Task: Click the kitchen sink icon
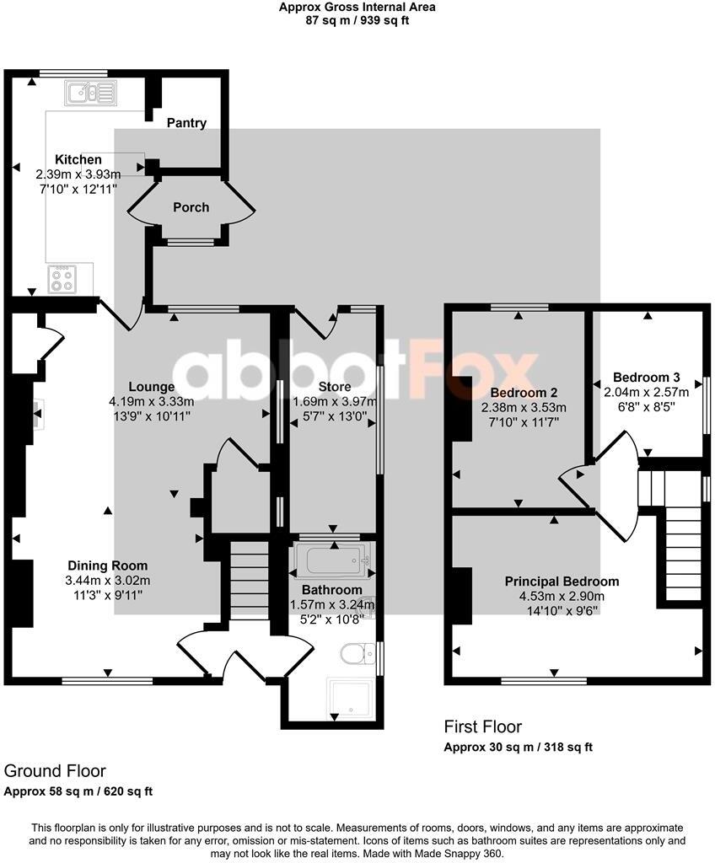tap(89, 91)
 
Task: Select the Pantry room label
tap(186, 123)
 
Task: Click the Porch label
tap(191, 207)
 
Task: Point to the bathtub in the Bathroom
tap(330, 558)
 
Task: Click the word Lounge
tap(152, 388)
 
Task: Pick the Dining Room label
tap(107, 566)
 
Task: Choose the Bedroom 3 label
tap(647, 377)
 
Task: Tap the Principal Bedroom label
tap(562, 582)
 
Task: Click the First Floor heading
tap(483, 726)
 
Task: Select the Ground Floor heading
tap(56, 770)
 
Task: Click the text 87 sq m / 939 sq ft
tap(357, 21)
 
